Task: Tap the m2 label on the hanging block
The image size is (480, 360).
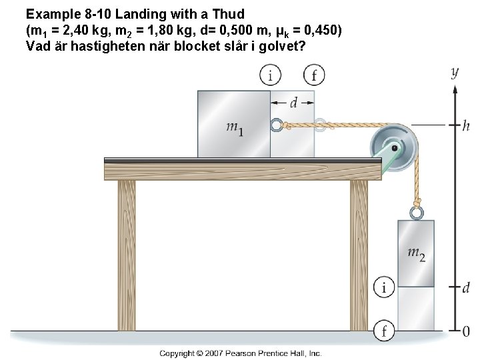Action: pyautogui.click(x=416, y=253)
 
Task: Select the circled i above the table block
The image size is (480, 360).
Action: pyautogui.click(x=270, y=75)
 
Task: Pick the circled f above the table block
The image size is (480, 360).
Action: pyautogui.click(x=313, y=75)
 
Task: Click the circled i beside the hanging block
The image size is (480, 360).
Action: pyautogui.click(x=383, y=287)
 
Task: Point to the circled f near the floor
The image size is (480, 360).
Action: pyautogui.click(x=383, y=329)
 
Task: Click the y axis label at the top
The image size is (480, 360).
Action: pyautogui.click(x=454, y=71)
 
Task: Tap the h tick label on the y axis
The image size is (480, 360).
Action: pyautogui.click(x=465, y=125)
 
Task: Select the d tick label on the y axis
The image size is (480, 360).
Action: pyautogui.click(x=466, y=287)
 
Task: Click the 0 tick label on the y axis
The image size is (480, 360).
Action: pyautogui.click(x=466, y=330)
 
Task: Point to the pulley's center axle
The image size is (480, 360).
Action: pyautogui.click(x=395, y=147)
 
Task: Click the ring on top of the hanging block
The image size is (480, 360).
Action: pyautogui.click(x=416, y=213)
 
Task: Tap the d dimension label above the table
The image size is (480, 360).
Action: pyautogui.click(x=293, y=103)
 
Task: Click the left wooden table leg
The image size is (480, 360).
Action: pyautogui.click(x=127, y=253)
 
